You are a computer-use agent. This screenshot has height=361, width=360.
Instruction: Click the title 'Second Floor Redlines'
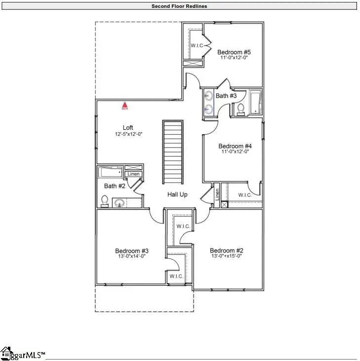click(180, 6)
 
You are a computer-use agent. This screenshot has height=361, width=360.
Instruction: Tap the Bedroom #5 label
click(234, 52)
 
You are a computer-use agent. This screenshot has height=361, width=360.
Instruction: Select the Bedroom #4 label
click(235, 146)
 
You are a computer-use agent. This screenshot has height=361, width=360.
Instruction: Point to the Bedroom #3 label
click(132, 251)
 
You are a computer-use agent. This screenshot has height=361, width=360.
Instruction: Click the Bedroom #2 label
click(226, 250)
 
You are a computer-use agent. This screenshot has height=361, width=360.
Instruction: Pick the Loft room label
click(128, 127)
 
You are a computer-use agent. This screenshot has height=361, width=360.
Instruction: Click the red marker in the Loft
click(125, 105)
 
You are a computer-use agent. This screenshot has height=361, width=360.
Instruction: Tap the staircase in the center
click(173, 151)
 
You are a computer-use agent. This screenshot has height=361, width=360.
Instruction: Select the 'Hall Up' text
click(177, 194)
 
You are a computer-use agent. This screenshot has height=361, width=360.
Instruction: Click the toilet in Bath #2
click(105, 201)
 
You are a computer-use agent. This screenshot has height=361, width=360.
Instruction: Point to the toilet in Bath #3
click(241, 108)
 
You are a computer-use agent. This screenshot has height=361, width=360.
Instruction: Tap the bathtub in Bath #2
click(110, 172)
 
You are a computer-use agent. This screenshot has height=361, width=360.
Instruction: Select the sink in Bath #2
click(119, 202)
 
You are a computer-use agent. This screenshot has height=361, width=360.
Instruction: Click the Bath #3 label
click(226, 95)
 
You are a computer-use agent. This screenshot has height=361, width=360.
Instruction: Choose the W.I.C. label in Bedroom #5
click(197, 46)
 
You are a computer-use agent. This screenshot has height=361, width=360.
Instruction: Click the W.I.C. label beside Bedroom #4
click(245, 195)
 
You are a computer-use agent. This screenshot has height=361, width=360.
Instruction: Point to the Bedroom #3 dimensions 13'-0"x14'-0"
click(132, 256)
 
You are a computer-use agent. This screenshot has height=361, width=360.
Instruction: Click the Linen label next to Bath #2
click(134, 174)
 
